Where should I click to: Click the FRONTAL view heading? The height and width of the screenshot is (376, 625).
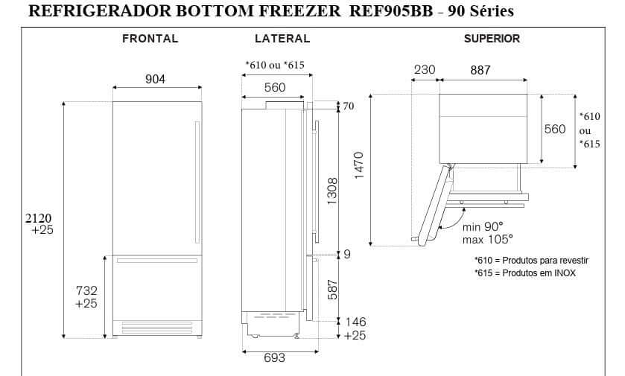coord(150,39)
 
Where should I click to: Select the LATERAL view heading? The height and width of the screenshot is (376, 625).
coord(282,39)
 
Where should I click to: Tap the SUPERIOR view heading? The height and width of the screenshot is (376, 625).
coord(492,39)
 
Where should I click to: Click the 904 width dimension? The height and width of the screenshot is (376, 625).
coord(155,80)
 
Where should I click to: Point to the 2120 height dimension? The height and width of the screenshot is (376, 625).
coord(38,218)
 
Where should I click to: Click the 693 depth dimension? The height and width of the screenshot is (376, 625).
coord(274,358)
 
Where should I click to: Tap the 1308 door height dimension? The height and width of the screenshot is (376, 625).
coord(333,191)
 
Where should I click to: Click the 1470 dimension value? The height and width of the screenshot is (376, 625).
coord(358,165)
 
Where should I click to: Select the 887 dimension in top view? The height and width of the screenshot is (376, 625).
coord(480,71)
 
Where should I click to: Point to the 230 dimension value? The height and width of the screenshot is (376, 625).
coord(425,71)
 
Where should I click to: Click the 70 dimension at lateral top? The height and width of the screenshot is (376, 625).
coord(348,106)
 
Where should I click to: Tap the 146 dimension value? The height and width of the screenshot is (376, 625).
coord(355,322)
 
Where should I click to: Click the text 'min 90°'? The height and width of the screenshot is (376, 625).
coord(483,226)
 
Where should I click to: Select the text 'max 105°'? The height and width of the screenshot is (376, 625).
coord(486,239)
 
